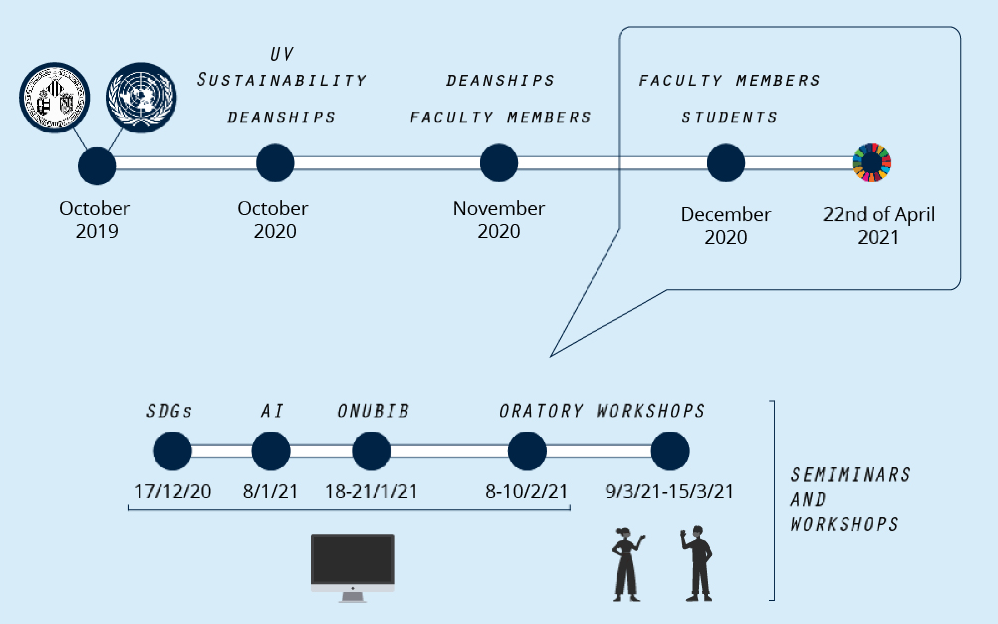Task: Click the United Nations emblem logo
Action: (x=141, y=98)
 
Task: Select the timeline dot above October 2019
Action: (x=97, y=166)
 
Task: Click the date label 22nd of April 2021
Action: (x=879, y=226)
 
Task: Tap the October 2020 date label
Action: (x=274, y=220)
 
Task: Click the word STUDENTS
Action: (x=729, y=117)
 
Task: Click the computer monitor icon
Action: (x=352, y=567)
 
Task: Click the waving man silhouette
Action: (x=697, y=563)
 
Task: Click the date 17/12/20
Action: (x=173, y=492)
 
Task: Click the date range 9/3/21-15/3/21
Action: (x=669, y=492)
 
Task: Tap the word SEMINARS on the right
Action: (x=850, y=475)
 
